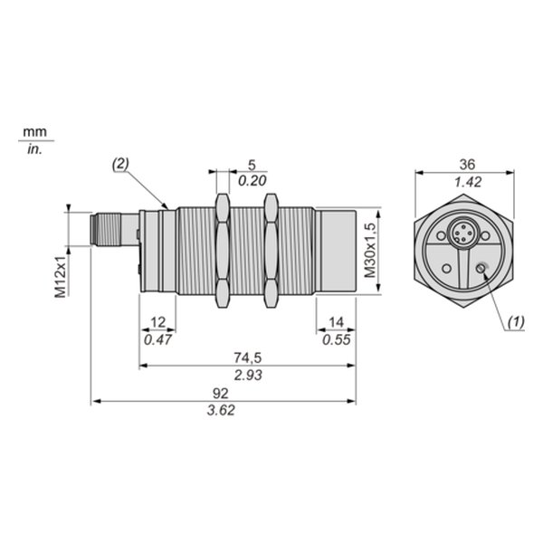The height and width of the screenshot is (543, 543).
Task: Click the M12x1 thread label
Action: point(61,277)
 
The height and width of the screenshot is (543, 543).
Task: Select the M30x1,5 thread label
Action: point(370,251)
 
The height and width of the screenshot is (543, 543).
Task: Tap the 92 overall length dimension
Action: point(221,394)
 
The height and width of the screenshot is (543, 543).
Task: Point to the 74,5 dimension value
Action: point(248,357)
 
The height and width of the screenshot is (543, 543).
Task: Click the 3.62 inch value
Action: point(221,410)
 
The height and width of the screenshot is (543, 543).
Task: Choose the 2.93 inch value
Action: point(248,375)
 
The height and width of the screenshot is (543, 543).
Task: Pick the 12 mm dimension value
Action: point(157,322)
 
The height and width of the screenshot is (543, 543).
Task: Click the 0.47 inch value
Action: point(157,340)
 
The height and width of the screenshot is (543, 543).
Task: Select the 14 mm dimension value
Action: point(336,322)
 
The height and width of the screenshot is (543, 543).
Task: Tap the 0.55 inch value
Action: point(337,340)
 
